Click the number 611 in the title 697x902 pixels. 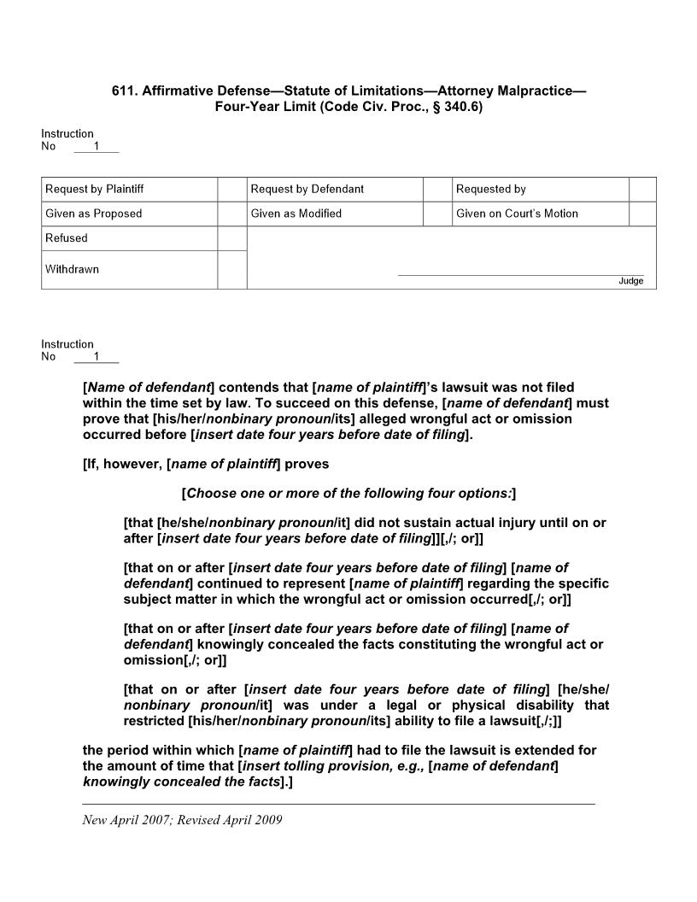tap(124, 91)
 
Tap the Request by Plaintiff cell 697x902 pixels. tap(129, 189)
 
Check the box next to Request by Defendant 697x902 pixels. tap(437, 189)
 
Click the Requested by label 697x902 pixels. tap(491, 189)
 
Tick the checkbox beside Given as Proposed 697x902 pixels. tap(231, 214)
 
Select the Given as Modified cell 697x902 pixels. tap(335, 214)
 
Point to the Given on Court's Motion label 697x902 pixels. tap(517, 214)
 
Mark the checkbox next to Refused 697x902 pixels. tap(231, 238)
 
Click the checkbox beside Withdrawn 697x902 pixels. tap(231, 269)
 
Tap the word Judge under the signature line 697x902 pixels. tap(631, 281)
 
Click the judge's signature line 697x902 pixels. tap(521, 274)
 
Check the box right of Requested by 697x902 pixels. tap(642, 189)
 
